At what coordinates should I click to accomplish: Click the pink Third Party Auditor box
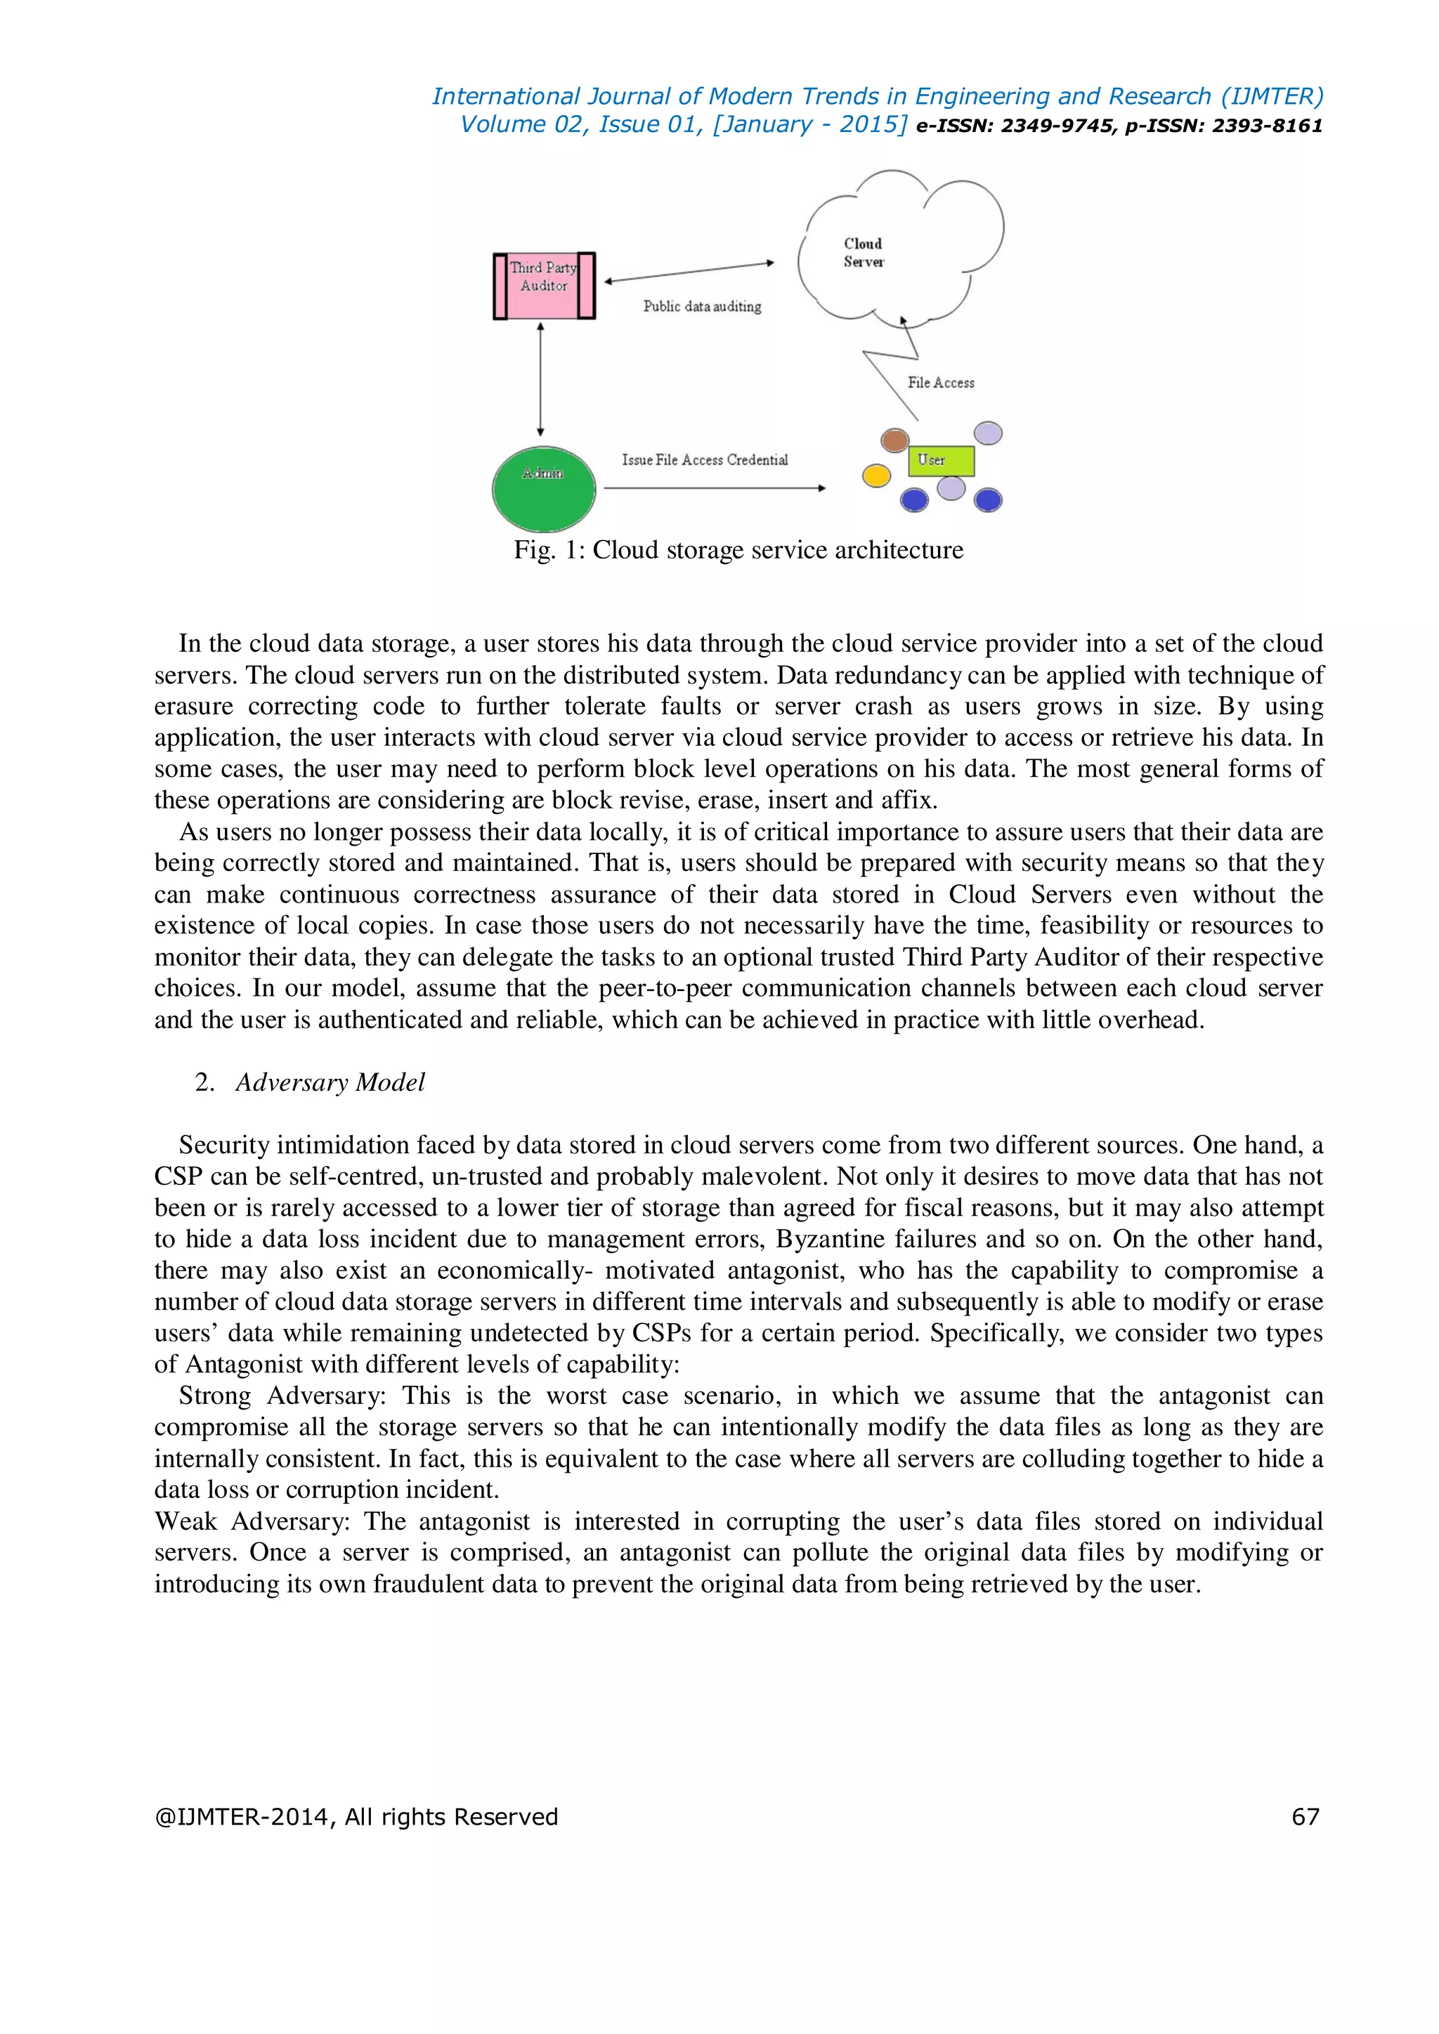(544, 285)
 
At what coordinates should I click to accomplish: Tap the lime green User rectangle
(941, 461)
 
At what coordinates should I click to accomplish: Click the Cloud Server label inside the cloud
(863, 252)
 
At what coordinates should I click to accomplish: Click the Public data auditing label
(702, 306)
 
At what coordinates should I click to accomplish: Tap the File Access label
(940, 383)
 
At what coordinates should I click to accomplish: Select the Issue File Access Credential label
(705, 460)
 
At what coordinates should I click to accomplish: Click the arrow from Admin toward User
(714, 488)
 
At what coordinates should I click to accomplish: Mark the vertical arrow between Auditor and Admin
(540, 379)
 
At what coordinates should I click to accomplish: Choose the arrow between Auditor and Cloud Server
(689, 272)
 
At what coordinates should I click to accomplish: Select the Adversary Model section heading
(330, 1082)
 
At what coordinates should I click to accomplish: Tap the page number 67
(1305, 1817)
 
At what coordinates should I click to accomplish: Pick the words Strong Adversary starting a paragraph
(282, 1396)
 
